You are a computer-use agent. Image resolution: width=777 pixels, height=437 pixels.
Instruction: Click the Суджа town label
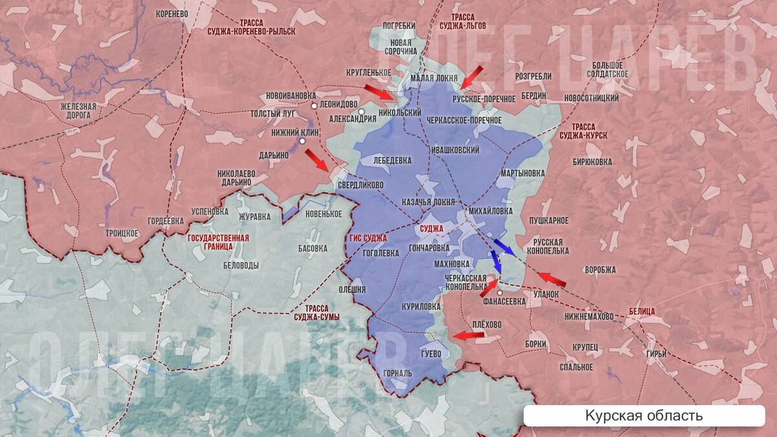coord(431,229)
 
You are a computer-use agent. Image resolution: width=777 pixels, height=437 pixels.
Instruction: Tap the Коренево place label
coord(172,13)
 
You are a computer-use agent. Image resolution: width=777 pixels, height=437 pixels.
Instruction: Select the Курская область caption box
coord(644,416)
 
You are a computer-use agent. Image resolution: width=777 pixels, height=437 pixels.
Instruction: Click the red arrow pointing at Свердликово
coord(317,159)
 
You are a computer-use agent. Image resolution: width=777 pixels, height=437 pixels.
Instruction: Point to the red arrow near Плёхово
coord(469,335)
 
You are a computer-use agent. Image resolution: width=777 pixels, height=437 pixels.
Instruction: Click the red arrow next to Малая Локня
coord(379,91)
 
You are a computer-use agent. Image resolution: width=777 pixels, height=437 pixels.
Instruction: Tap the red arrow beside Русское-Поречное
coord(472,76)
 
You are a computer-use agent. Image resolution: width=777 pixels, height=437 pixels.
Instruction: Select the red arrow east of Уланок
coord(552,279)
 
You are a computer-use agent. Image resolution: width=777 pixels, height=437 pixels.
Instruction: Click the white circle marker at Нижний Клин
coord(302,140)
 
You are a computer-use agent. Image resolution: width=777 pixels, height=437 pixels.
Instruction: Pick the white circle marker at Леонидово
coord(314,105)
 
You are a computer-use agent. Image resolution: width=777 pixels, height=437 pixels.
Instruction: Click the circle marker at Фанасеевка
coord(500,293)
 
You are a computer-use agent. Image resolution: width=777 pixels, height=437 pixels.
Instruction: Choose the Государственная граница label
coord(218,243)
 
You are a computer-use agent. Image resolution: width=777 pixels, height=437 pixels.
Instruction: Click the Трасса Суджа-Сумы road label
coord(316,313)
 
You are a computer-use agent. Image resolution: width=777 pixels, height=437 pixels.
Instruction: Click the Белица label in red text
coord(642,311)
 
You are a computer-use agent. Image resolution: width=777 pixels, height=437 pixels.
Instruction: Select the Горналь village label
coord(397,373)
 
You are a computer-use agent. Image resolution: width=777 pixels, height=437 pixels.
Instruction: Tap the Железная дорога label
coord(78,111)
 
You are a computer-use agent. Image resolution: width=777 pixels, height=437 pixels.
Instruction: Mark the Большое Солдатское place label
coord(607,69)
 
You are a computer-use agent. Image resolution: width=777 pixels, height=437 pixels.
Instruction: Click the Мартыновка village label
coord(523,174)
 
